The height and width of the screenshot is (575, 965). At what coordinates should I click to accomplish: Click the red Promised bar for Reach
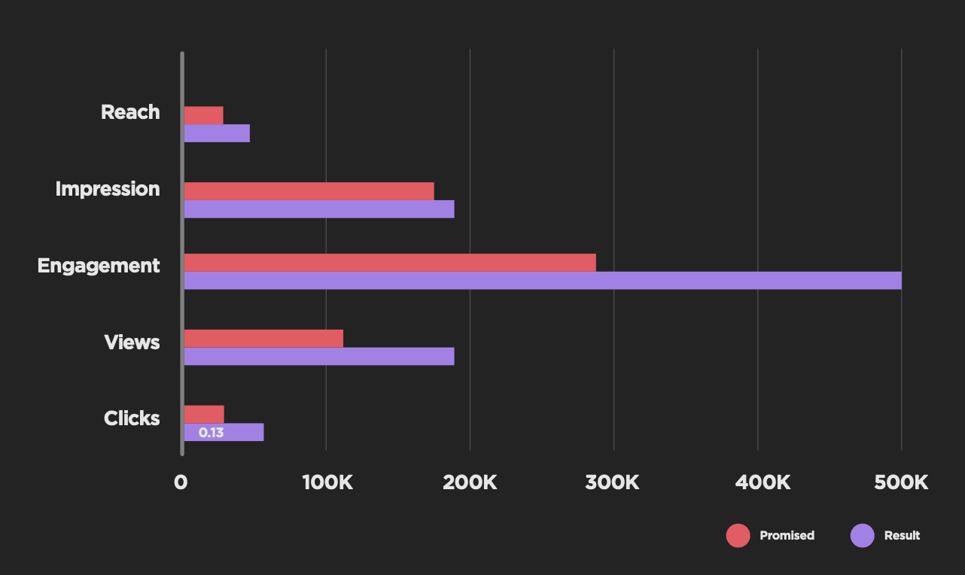coord(203,115)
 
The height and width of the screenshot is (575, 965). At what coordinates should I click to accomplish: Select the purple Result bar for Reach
coord(217,133)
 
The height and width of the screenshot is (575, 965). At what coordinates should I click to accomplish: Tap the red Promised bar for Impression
coord(309,191)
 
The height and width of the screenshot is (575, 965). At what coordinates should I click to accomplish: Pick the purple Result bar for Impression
coord(319,209)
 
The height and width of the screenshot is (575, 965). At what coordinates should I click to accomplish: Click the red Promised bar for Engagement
coord(390,263)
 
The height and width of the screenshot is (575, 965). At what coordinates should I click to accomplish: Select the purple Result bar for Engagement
coord(542,281)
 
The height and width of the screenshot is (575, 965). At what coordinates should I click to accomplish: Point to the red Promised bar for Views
coord(263,339)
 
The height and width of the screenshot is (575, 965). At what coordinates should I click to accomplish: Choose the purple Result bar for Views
coord(319,357)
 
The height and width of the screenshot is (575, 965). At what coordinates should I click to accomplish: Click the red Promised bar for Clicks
coord(204,414)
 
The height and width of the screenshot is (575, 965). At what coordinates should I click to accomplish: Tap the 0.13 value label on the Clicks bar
coord(211,433)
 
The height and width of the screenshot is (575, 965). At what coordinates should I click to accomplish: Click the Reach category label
coord(130,112)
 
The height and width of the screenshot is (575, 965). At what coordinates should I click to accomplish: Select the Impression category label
coord(108,189)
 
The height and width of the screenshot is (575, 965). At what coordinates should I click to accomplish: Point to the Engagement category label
coord(99,266)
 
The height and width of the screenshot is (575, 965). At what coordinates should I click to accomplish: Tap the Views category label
coord(132,342)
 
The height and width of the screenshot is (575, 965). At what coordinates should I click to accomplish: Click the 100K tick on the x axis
coord(327,482)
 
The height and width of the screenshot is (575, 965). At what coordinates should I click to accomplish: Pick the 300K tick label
coord(612,482)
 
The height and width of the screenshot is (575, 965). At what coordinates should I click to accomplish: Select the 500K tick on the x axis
coord(901,482)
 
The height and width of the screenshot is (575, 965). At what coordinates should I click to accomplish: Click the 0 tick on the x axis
coord(181,482)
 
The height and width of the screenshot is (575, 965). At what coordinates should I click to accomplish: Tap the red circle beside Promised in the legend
coord(738,536)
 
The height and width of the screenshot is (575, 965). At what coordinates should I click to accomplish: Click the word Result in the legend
coord(902,536)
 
